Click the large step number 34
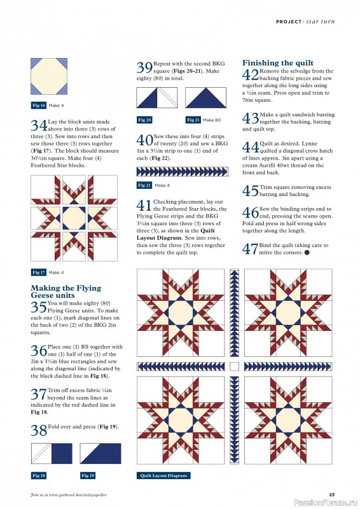[38, 125]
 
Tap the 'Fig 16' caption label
[39, 105]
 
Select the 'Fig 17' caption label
[39, 272]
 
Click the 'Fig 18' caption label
[39, 475]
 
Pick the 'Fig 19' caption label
[88, 475]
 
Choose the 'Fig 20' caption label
[145, 120]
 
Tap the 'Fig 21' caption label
[193, 120]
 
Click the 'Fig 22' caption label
[145, 185]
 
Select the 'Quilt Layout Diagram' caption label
[163, 475]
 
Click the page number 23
[331, 495]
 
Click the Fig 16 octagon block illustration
[48, 76]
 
